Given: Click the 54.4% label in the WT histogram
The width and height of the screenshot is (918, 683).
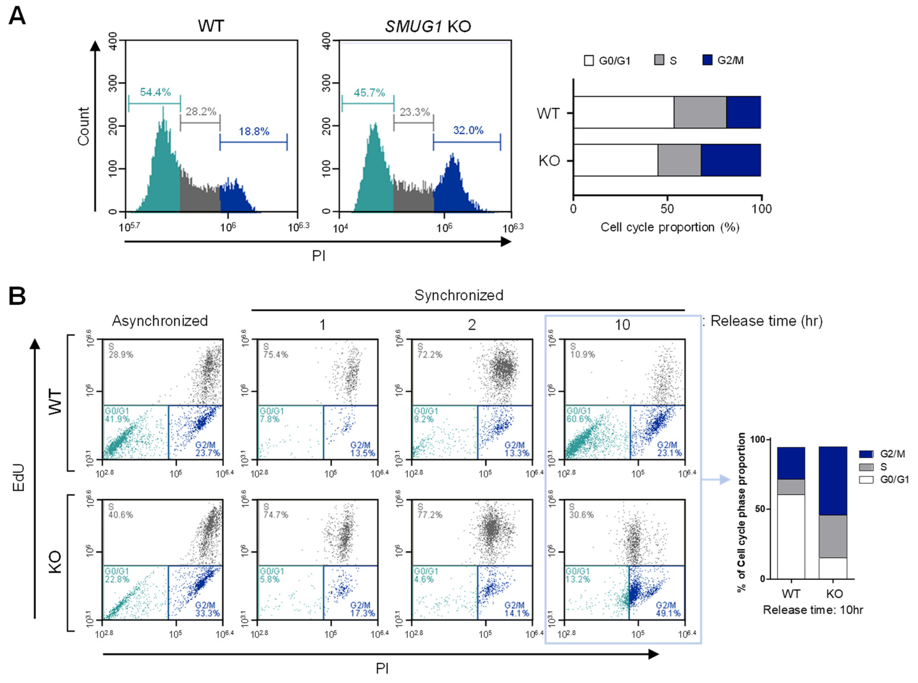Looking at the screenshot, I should pos(155,92).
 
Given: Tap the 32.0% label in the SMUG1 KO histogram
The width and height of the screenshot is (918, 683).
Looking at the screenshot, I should pos(468,131).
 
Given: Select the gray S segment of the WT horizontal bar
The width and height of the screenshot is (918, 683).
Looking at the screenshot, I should pos(700,112).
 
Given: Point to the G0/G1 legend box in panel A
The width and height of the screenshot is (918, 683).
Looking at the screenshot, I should pos(589,61).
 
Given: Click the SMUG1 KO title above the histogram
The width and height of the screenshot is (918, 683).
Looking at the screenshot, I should pos(428,26).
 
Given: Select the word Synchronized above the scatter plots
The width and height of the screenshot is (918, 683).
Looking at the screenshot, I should pos(458,295).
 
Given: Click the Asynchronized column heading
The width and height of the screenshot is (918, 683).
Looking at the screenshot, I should pos(160,321).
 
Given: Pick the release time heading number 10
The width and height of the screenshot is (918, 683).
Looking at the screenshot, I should pos(622,325).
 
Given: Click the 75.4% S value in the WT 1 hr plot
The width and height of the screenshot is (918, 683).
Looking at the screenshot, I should pos(276,355).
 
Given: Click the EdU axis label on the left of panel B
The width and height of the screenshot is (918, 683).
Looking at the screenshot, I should pos(19,478).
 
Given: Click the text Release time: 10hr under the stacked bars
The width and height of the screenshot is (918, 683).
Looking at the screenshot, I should pos(813,610).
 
